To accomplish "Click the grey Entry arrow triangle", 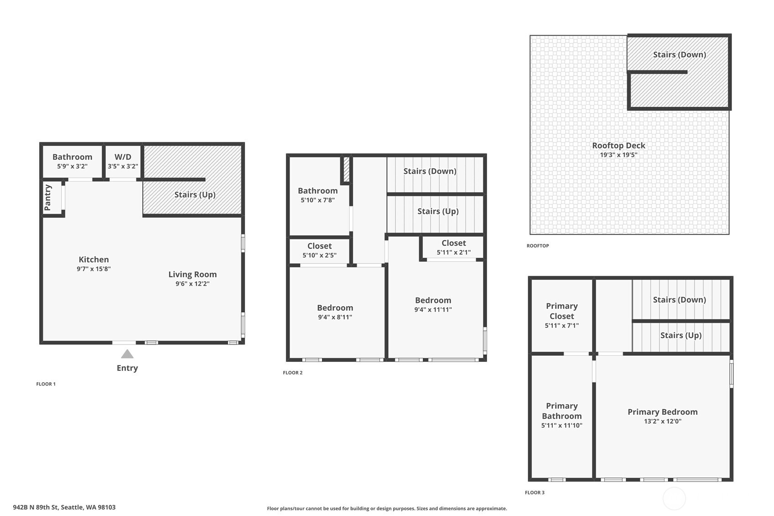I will [x=127, y=354].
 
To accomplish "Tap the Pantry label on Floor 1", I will [x=48, y=198].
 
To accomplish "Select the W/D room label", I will [x=123, y=157].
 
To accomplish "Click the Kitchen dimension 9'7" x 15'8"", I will [x=94, y=269].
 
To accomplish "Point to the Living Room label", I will [x=192, y=274].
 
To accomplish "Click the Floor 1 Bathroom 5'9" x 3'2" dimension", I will [x=72, y=167].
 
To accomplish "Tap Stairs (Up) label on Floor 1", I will [x=195, y=195].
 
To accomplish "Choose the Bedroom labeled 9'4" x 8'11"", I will [x=335, y=308].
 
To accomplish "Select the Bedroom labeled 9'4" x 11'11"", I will [x=433, y=300].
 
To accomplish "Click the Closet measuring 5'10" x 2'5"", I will [x=319, y=246].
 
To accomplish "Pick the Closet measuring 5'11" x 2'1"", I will [x=453, y=243].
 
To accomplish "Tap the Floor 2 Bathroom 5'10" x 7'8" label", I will [x=317, y=191].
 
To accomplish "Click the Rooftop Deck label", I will [x=618, y=146].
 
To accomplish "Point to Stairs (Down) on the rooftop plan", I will [x=679, y=55].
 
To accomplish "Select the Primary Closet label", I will [x=561, y=311].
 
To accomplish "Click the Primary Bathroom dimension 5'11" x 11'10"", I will [x=561, y=426].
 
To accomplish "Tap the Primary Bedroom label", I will [x=662, y=412].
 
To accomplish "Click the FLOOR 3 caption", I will [x=535, y=493].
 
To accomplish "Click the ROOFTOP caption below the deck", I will [x=538, y=246].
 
